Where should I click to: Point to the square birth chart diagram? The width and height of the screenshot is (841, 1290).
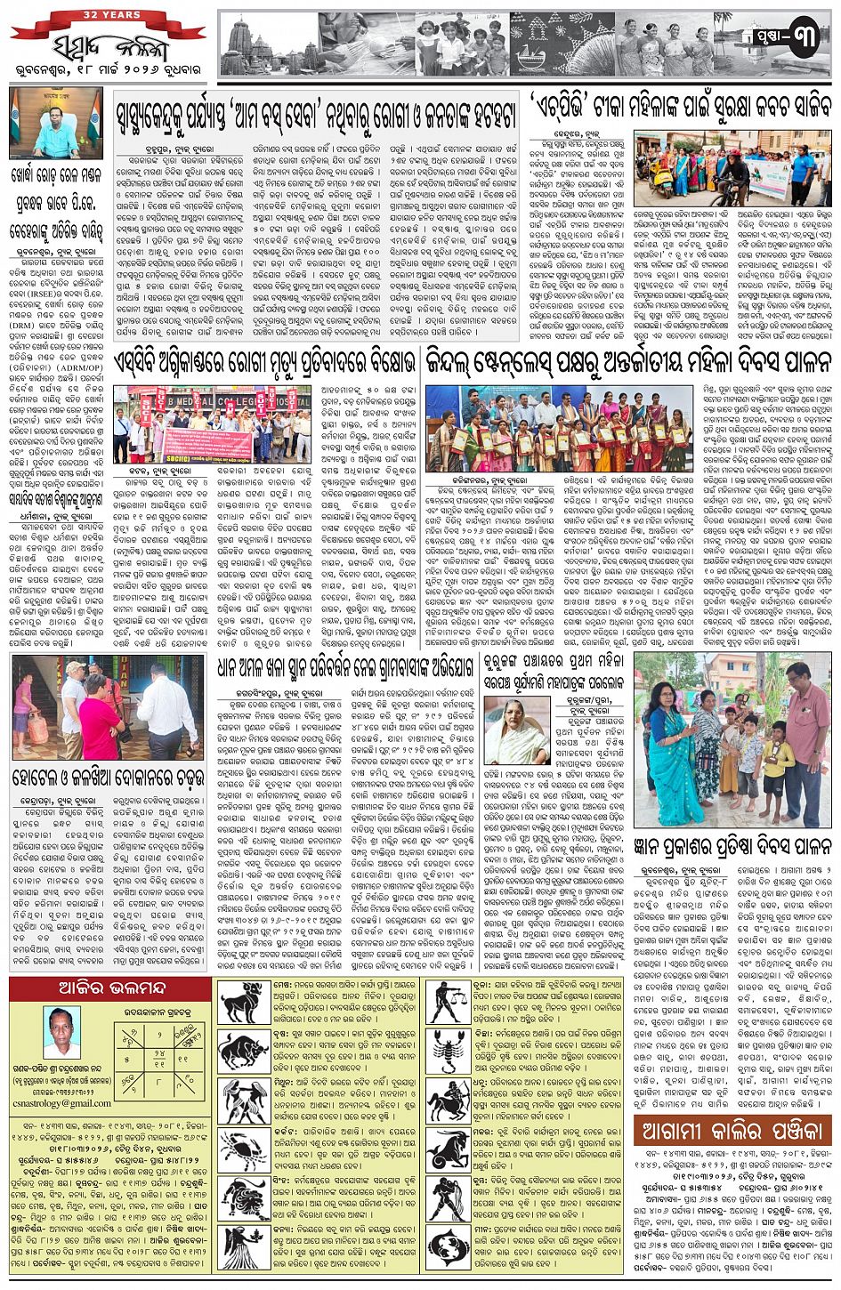[152, 1051]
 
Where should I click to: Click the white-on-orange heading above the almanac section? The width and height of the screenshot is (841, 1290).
[732, 1133]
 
